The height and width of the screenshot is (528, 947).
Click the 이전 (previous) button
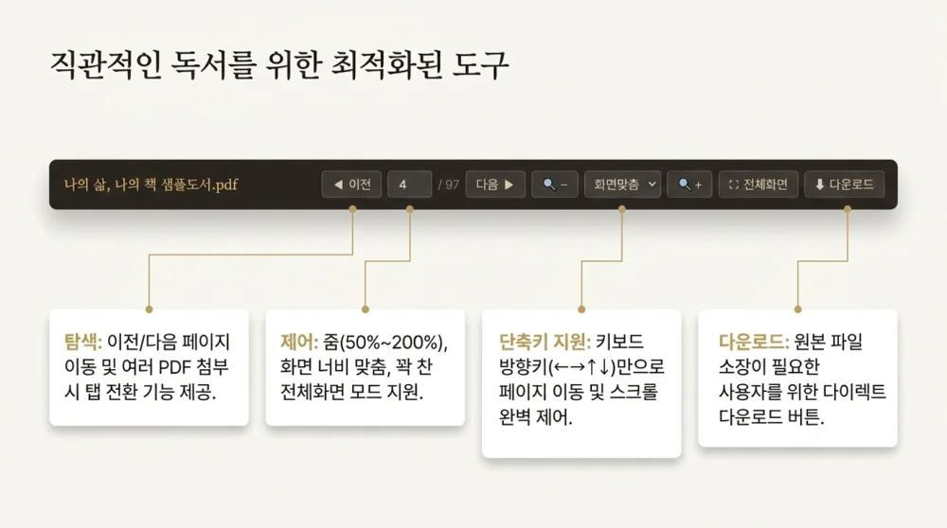[351, 185]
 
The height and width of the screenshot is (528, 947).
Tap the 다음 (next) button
[495, 185]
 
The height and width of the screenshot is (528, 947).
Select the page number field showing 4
[409, 185]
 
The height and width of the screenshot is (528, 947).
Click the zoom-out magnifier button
[555, 185]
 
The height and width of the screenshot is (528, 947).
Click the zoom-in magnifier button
[689, 185]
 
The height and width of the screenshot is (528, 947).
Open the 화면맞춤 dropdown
[623, 185]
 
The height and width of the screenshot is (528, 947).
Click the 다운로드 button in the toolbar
[845, 185]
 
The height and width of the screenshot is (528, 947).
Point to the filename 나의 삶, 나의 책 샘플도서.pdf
[151, 185]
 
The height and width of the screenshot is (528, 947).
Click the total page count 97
[452, 185]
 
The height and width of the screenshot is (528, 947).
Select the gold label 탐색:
[83, 342]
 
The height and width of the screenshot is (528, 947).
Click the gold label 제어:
[299, 343]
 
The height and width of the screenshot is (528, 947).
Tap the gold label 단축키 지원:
[545, 342]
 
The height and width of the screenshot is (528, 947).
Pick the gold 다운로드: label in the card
[754, 342]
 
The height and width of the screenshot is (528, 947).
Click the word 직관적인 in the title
[106, 64]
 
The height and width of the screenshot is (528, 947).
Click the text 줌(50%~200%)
[384, 343]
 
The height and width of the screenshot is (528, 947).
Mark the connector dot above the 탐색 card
[150, 309]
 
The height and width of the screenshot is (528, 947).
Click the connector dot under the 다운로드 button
[848, 209]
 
